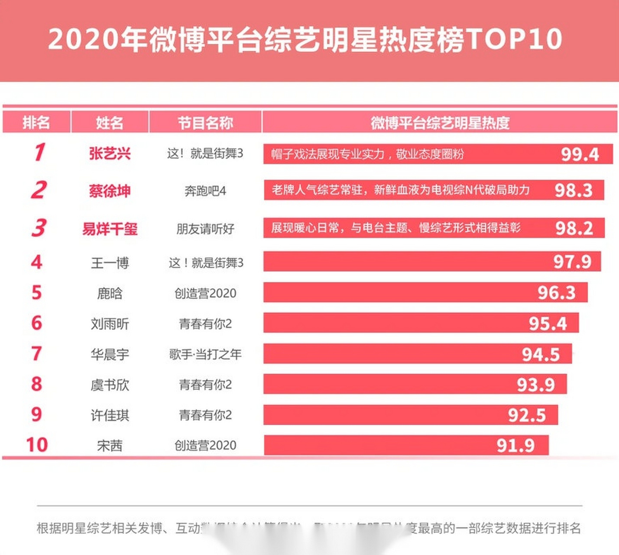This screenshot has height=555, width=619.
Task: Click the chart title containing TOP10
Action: pos(305,39)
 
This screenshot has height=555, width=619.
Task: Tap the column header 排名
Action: pos(36,123)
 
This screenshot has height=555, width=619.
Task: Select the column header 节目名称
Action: pos(205,123)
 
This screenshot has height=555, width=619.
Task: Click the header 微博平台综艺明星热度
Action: pos(440,123)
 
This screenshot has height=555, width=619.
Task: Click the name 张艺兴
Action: pos(110,153)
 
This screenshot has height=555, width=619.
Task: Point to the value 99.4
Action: pos(580,154)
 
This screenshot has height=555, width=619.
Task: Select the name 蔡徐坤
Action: pos(110,191)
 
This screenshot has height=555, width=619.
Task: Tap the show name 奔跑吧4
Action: pos(205,191)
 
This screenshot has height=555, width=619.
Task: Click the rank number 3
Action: pos(39,228)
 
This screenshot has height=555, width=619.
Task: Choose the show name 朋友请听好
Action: pos(205,229)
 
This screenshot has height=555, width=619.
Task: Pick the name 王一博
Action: pos(110,263)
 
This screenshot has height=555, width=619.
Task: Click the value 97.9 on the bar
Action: pos(572,262)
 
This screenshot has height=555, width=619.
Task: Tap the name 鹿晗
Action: pos(110,294)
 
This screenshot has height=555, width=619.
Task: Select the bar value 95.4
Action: pos(548,324)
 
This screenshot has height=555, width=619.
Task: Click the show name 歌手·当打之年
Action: pos(205,355)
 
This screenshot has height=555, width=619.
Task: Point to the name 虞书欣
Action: pos(110,385)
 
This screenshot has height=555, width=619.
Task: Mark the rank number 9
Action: pos(37,415)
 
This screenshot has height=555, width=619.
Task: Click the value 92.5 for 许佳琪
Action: pos(527,415)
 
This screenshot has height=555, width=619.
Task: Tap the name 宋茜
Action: pos(110,446)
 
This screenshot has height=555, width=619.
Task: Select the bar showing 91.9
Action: pos(406,445)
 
